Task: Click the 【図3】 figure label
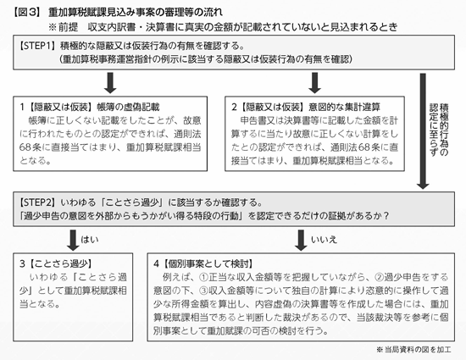click(x=27, y=12)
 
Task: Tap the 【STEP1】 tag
click(x=38, y=46)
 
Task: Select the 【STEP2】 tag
click(x=38, y=202)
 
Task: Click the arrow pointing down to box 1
click(x=110, y=83)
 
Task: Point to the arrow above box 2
click(x=314, y=83)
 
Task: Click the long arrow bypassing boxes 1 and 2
click(x=423, y=131)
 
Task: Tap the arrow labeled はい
click(x=73, y=240)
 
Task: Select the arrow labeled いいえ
click(x=301, y=240)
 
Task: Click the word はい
click(x=90, y=240)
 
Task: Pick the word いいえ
click(x=324, y=240)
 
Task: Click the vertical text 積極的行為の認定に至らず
click(x=439, y=130)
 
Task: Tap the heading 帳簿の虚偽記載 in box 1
click(x=128, y=107)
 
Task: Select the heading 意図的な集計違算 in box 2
click(x=345, y=107)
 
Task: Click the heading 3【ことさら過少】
click(x=56, y=263)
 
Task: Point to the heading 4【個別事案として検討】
click(x=203, y=263)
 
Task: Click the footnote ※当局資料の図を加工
click(x=413, y=350)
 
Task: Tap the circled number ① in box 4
click(x=203, y=278)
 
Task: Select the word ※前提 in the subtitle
click(x=64, y=27)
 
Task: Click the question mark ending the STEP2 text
click(x=386, y=216)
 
